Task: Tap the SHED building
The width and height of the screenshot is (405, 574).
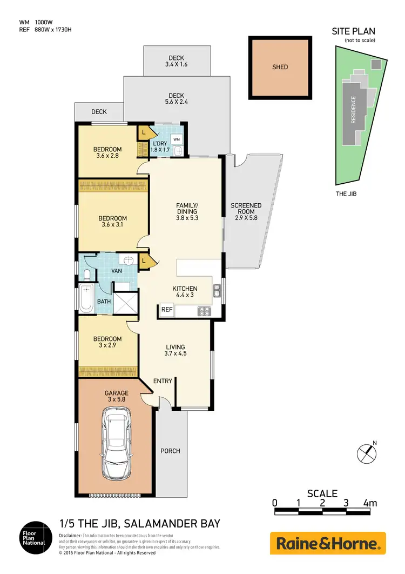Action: click(280, 68)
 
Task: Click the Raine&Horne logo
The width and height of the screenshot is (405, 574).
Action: click(328, 543)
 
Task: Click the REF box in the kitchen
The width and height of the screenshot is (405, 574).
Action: click(166, 310)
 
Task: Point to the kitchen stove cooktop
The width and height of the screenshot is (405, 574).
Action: click(205, 311)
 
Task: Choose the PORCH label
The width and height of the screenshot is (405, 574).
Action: click(170, 451)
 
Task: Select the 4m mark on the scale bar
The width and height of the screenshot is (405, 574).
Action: click(370, 503)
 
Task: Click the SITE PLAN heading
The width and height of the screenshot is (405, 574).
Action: click(353, 31)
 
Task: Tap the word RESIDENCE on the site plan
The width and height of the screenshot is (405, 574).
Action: click(354, 110)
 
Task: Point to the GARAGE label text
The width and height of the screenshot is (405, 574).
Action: click(117, 393)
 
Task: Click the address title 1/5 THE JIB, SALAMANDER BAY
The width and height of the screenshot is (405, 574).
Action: click(139, 524)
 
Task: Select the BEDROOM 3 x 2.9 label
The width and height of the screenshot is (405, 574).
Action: click(107, 342)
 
